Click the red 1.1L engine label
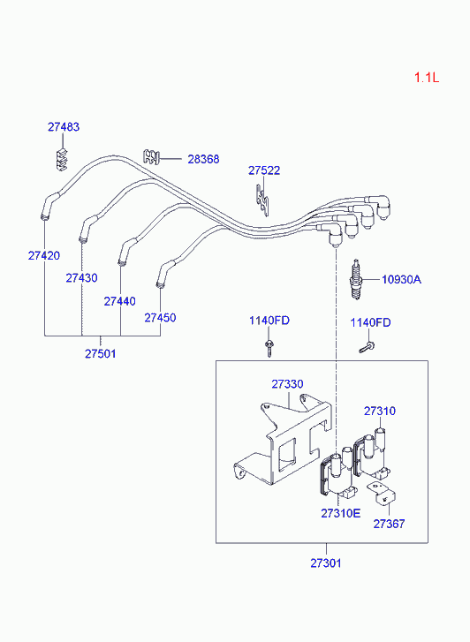tap(427, 77)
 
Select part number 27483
tap(64, 127)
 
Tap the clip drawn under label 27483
tap(62, 160)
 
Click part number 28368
tap(203, 159)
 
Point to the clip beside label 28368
tap(151, 156)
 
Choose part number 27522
tap(264, 170)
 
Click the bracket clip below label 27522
tap(263, 200)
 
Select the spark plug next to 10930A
tap(356, 279)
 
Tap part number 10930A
tap(401, 280)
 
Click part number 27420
tap(44, 255)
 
